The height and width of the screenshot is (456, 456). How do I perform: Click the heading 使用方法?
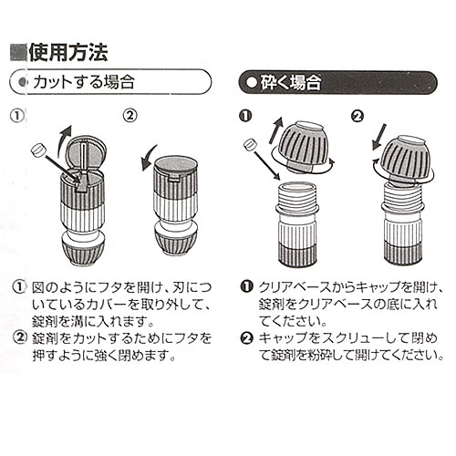68,53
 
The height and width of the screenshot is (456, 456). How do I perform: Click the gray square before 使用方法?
19,53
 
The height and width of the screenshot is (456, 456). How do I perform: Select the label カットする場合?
84,82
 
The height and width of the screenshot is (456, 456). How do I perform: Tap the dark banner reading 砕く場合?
338,82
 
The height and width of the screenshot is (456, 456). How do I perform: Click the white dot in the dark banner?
252,82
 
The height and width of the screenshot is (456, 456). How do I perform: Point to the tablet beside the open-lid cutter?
38,150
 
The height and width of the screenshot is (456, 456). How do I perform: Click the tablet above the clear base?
251,144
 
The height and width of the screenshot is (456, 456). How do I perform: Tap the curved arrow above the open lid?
65,138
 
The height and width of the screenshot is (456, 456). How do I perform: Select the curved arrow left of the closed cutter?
149,158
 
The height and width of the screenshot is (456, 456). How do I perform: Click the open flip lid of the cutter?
87,152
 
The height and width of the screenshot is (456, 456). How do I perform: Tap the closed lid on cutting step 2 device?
175,165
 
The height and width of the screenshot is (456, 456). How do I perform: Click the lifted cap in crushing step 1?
304,146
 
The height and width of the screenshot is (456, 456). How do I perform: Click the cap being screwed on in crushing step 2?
403,159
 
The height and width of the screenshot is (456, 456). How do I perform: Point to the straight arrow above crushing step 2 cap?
379,137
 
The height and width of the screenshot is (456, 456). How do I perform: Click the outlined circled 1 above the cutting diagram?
17,116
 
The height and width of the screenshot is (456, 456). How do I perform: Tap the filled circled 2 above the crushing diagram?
358,116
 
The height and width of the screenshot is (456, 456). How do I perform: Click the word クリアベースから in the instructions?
306,287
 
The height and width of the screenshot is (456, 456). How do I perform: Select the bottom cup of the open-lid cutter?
83,249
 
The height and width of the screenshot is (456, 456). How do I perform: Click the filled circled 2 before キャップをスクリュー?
247,338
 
